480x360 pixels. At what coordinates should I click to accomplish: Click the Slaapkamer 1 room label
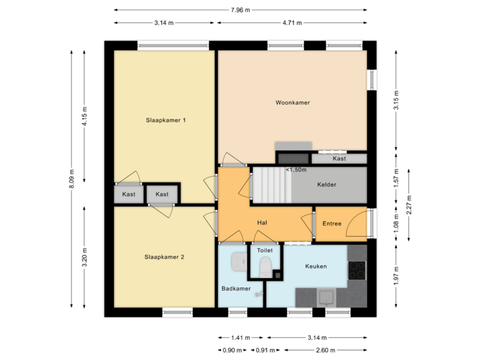(x=165, y=121)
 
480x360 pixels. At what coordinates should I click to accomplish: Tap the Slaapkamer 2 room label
(x=164, y=257)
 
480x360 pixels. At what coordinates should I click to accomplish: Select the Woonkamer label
(x=293, y=103)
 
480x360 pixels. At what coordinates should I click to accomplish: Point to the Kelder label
(x=327, y=185)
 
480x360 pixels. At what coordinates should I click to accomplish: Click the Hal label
(x=263, y=223)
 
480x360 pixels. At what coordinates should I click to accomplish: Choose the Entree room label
(x=331, y=224)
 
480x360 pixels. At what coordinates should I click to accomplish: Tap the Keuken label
(x=315, y=266)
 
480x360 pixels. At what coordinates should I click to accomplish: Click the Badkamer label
(x=236, y=289)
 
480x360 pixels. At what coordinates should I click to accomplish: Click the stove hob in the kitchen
(x=357, y=270)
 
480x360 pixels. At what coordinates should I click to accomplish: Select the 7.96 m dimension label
(x=240, y=10)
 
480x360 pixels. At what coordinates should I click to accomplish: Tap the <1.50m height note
(x=296, y=170)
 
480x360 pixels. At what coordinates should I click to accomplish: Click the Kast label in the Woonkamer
(x=339, y=159)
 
